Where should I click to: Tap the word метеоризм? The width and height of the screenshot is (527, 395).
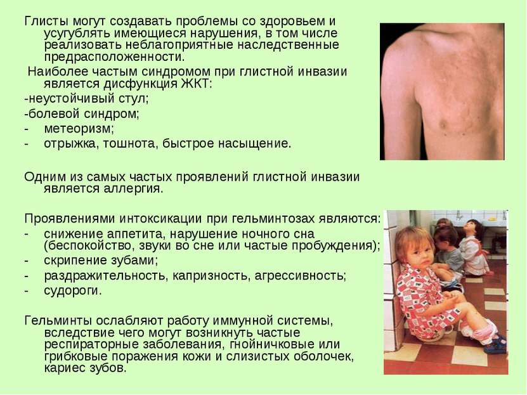79,129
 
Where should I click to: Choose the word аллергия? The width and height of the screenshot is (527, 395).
137,189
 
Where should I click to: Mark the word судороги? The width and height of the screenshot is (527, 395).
73,291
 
